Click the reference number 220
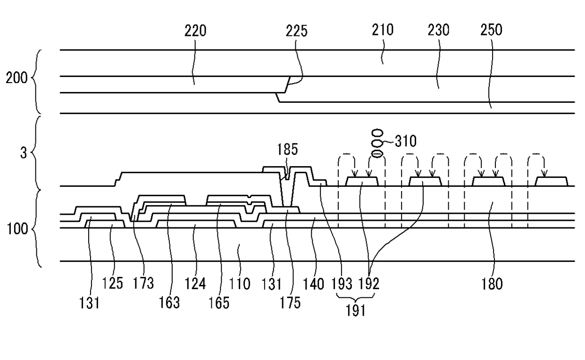[195, 31]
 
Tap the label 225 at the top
[296, 31]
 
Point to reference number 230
[438, 31]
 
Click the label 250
[491, 31]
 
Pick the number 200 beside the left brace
[17, 78]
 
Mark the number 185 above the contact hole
[287, 151]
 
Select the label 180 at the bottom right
[493, 284]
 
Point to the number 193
[342, 284]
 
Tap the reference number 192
[369, 284]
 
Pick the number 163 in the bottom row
[170, 302]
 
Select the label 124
[195, 284]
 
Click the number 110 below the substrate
[240, 284]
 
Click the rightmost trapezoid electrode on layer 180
[551, 181]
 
